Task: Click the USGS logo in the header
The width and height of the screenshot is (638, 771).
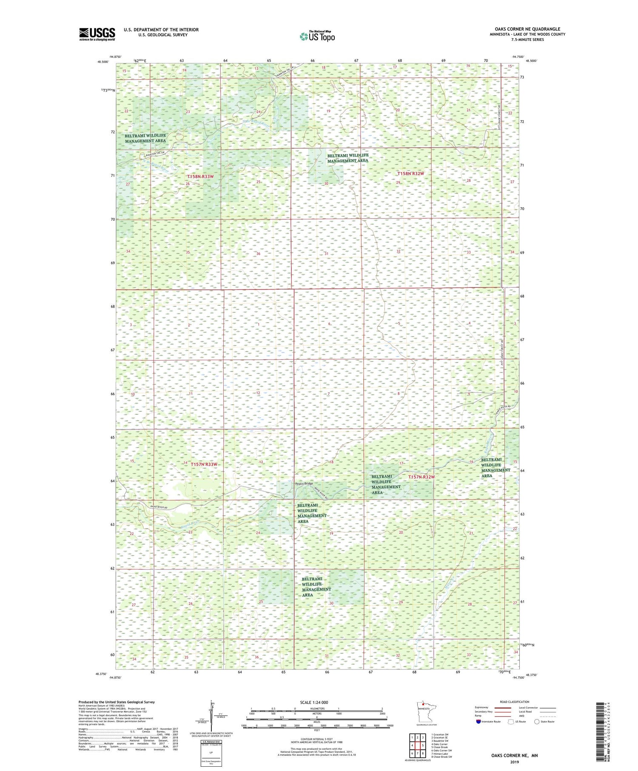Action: coord(97,34)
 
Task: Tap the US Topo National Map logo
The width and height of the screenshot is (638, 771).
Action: coord(317,36)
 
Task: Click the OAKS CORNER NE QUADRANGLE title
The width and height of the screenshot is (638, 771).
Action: coord(527,29)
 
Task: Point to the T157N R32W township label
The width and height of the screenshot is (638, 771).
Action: coord(422,477)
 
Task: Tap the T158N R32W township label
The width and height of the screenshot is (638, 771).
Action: coord(410,174)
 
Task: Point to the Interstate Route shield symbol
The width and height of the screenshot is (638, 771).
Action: coord(478,721)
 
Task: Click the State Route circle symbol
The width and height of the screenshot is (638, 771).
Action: coord(537,721)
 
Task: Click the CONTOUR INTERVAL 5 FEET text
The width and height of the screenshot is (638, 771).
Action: coord(317,741)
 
